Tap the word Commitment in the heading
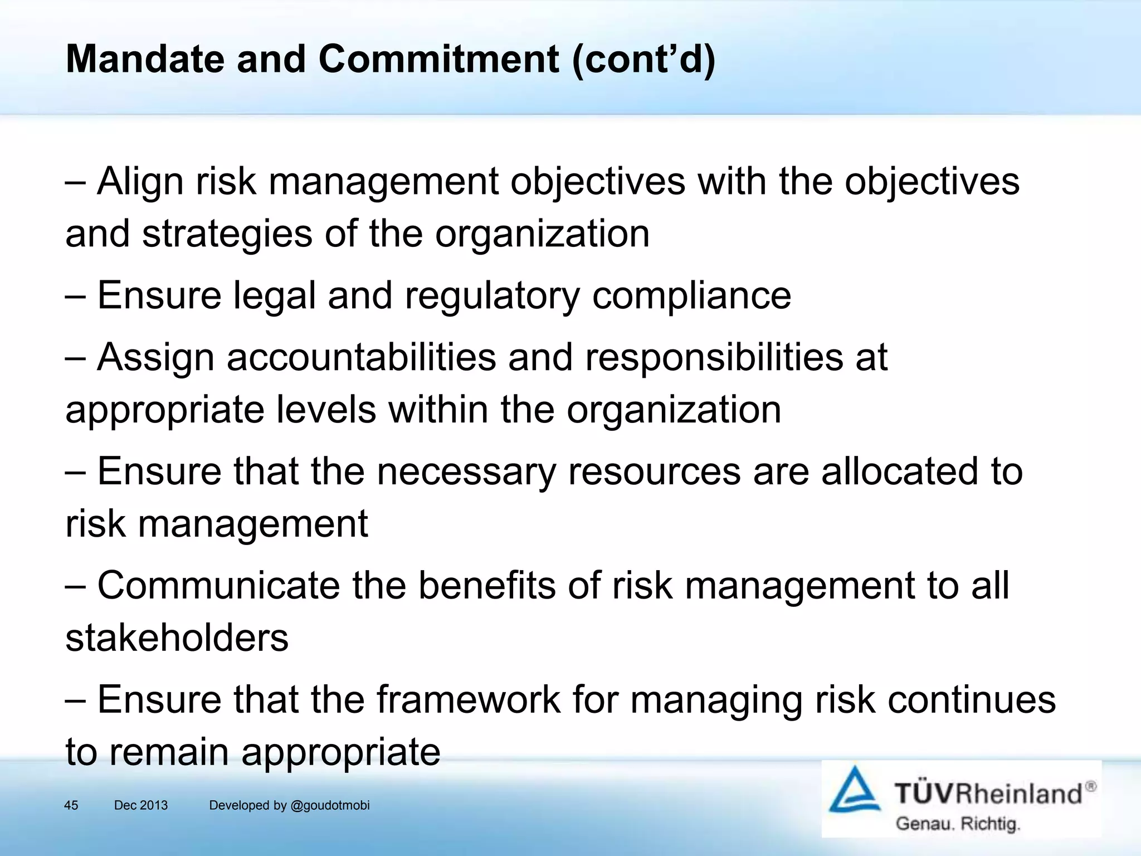pyautogui.click(x=438, y=59)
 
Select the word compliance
pyautogui.click(x=691, y=296)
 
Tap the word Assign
pyautogui.click(x=155, y=358)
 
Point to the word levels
pyautogui.click(x=326, y=410)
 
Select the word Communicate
pyautogui.click(x=218, y=586)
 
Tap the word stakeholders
pyautogui.click(x=177, y=638)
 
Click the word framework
pyautogui.click(x=469, y=700)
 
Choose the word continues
pyautogui.click(x=972, y=700)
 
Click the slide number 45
pyautogui.click(x=71, y=805)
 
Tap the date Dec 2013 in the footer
pyautogui.click(x=140, y=805)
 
